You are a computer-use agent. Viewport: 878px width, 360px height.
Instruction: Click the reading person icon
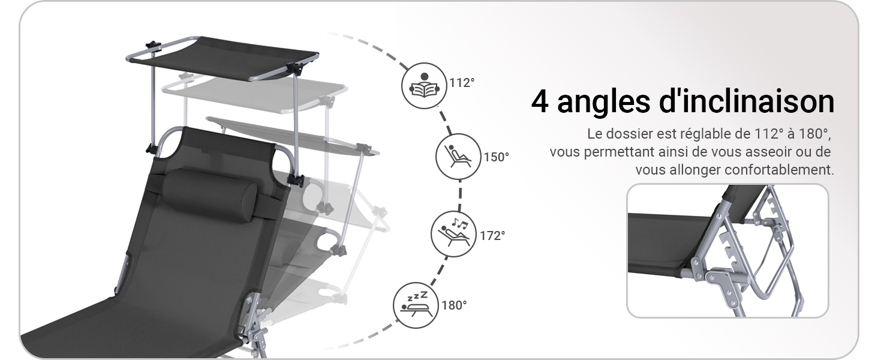click(424, 85)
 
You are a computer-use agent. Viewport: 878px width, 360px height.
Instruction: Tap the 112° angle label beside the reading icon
click(462, 83)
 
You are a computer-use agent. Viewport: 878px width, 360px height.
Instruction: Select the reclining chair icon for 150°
click(458, 157)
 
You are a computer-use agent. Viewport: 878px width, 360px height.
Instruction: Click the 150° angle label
click(496, 157)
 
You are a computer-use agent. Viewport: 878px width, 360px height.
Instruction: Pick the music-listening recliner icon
click(453, 234)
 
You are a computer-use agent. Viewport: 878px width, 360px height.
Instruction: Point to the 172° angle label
click(493, 236)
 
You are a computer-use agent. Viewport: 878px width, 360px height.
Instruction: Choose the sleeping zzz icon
click(416, 305)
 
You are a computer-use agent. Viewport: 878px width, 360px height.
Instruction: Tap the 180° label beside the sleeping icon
click(454, 305)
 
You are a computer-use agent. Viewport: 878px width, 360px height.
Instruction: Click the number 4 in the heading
click(540, 103)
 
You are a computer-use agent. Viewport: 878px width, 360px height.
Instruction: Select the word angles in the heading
click(603, 104)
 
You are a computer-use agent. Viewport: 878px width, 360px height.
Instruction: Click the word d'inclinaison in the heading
click(747, 101)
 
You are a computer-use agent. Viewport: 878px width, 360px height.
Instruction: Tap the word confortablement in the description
click(779, 170)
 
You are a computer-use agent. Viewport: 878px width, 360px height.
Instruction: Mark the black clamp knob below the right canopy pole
click(296, 181)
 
